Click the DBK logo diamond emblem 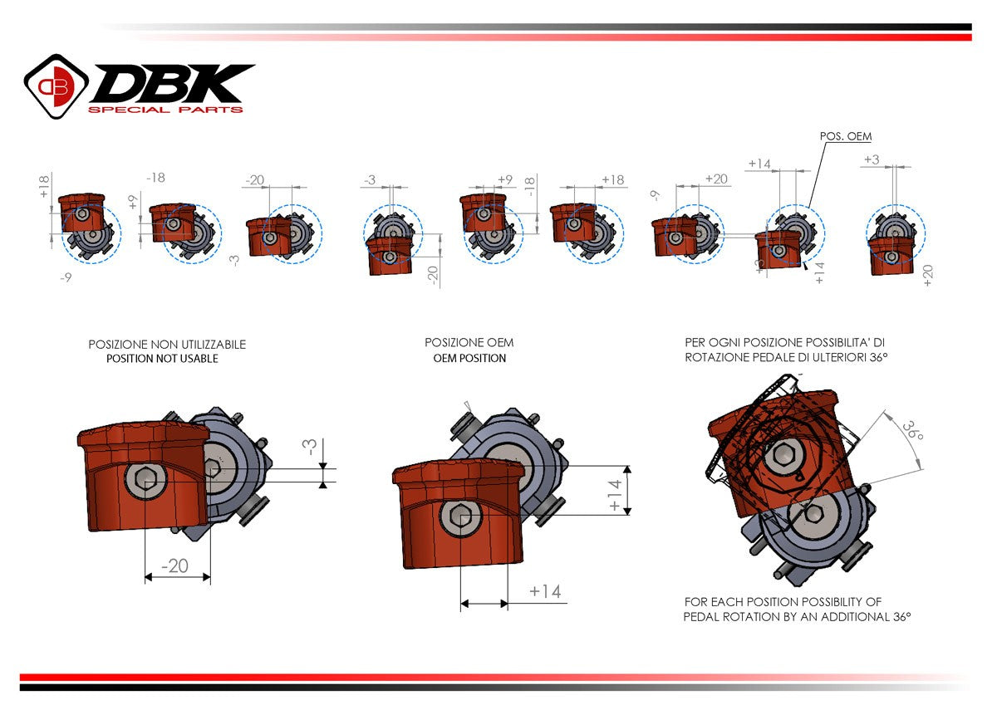pos(56,86)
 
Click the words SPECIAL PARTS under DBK pos(165,110)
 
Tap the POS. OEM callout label pos(845,136)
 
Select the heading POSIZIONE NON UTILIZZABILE pos(167,344)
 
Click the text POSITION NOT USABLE pos(162,359)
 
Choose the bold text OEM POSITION pos(469,358)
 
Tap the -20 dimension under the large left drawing pos(175,565)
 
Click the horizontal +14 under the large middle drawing pos(544,591)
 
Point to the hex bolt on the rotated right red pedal pos(783,454)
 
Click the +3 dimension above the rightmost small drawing pos(872,159)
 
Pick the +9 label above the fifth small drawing pos(504,179)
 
